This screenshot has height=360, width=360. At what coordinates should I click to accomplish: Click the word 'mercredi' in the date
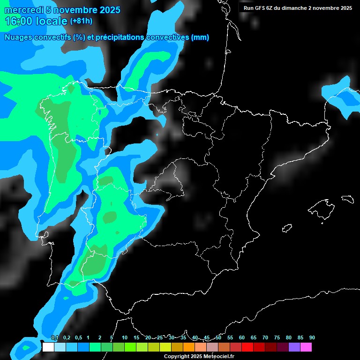[24, 10]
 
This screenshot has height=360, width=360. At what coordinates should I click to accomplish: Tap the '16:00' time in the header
[19, 21]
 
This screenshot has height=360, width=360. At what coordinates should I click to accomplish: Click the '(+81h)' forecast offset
[81, 21]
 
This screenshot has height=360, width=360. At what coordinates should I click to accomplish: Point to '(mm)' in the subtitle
[200, 37]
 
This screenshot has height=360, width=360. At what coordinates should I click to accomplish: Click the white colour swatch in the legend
[48, 347]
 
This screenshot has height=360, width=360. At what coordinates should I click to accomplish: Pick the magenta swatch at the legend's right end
[306, 347]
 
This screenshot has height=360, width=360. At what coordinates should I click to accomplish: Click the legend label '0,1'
[55, 338]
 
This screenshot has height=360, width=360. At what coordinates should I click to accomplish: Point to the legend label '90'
[312, 338]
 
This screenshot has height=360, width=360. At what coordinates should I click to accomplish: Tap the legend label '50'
[218, 338]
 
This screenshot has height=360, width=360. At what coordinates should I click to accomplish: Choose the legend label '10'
[125, 338]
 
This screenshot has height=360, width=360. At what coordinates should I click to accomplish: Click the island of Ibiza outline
[287, 227]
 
